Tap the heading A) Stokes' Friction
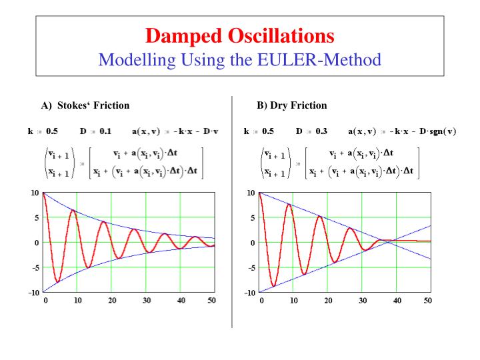pyautogui.click(x=85, y=105)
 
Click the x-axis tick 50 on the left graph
pyautogui.click(x=211, y=301)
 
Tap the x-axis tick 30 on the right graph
pyautogui.click(x=363, y=301)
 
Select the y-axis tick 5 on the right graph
pyautogui.click(x=251, y=217)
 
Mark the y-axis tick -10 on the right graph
pyautogui.click(x=248, y=293)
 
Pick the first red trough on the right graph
pyautogui.click(x=273, y=287)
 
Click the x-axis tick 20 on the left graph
pyautogui.click(x=111, y=301)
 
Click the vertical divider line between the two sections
pyautogui.click(x=233, y=213)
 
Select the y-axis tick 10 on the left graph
pyautogui.click(x=33, y=193)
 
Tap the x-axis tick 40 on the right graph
pyautogui.click(x=397, y=301)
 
